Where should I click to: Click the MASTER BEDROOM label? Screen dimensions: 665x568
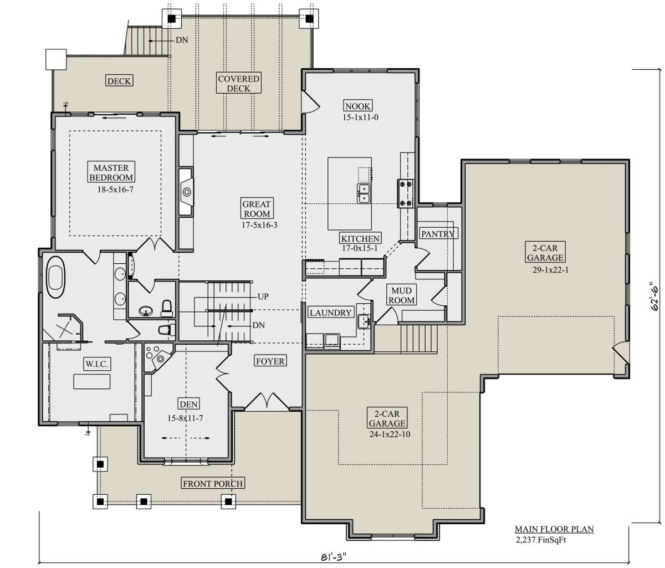[111, 172]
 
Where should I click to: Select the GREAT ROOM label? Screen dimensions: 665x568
[257, 209]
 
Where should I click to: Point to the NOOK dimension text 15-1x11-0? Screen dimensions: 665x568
[360, 117]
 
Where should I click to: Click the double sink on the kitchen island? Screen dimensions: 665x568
[364, 193]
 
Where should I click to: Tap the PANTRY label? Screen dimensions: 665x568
[438, 234]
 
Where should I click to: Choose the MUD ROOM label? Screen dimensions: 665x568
[401, 295]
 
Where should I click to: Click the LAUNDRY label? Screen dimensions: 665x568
[330, 313]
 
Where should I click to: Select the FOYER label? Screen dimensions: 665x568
[270, 361]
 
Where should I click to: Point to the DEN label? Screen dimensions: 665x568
[188, 404]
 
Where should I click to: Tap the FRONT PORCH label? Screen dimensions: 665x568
[213, 483]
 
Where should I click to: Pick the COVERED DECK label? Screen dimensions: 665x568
[238, 83]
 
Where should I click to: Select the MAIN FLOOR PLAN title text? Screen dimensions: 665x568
[554, 529]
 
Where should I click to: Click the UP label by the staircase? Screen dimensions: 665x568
[263, 296]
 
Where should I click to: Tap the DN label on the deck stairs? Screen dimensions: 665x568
[182, 40]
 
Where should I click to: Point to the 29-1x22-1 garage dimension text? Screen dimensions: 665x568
[550, 270]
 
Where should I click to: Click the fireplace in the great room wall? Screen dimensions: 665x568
[186, 192]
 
